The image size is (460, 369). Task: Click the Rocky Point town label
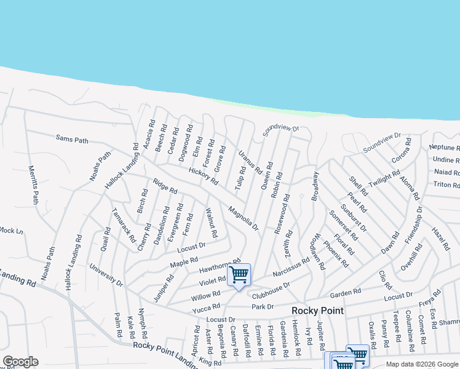(317, 311)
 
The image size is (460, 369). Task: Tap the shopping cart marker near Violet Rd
(239, 274)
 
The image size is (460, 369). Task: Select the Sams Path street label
(72, 139)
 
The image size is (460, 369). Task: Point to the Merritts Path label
(33, 184)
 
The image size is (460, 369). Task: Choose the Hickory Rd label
(203, 176)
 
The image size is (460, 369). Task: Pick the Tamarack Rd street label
(123, 224)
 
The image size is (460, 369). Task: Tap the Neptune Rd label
(444, 148)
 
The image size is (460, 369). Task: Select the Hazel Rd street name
(441, 237)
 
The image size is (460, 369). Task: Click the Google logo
(20, 362)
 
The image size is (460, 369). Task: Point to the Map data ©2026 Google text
(422, 364)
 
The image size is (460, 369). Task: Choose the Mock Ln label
(11, 231)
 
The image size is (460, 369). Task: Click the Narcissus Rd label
(291, 268)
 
